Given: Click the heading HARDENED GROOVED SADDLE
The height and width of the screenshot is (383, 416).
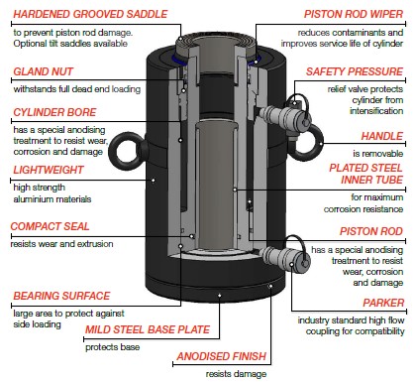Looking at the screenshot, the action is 90,14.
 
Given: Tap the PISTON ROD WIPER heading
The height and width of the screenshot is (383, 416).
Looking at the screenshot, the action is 354,14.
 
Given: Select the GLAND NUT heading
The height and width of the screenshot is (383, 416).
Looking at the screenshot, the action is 43,71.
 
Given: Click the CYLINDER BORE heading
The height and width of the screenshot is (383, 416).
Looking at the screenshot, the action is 54,112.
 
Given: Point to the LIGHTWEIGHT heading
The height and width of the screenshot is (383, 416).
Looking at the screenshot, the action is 49,170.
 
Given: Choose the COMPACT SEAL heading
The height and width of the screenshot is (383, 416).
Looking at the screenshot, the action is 50,226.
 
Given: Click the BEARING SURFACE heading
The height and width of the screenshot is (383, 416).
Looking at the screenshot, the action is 61,296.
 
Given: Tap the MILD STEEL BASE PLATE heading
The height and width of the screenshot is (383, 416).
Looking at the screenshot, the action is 148,329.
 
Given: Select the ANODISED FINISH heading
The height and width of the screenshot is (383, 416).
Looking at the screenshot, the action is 222,356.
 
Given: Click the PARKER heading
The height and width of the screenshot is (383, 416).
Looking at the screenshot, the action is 383,303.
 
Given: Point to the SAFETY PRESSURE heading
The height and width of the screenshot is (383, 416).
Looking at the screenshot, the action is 355,71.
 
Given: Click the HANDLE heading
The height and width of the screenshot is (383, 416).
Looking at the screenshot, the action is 382,136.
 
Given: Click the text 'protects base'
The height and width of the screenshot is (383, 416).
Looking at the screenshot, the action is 112,347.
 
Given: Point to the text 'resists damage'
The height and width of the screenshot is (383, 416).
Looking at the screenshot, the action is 236,374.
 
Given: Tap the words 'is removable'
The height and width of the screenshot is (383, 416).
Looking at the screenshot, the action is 378,154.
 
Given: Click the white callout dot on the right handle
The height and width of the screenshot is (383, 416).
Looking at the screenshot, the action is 322,144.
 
